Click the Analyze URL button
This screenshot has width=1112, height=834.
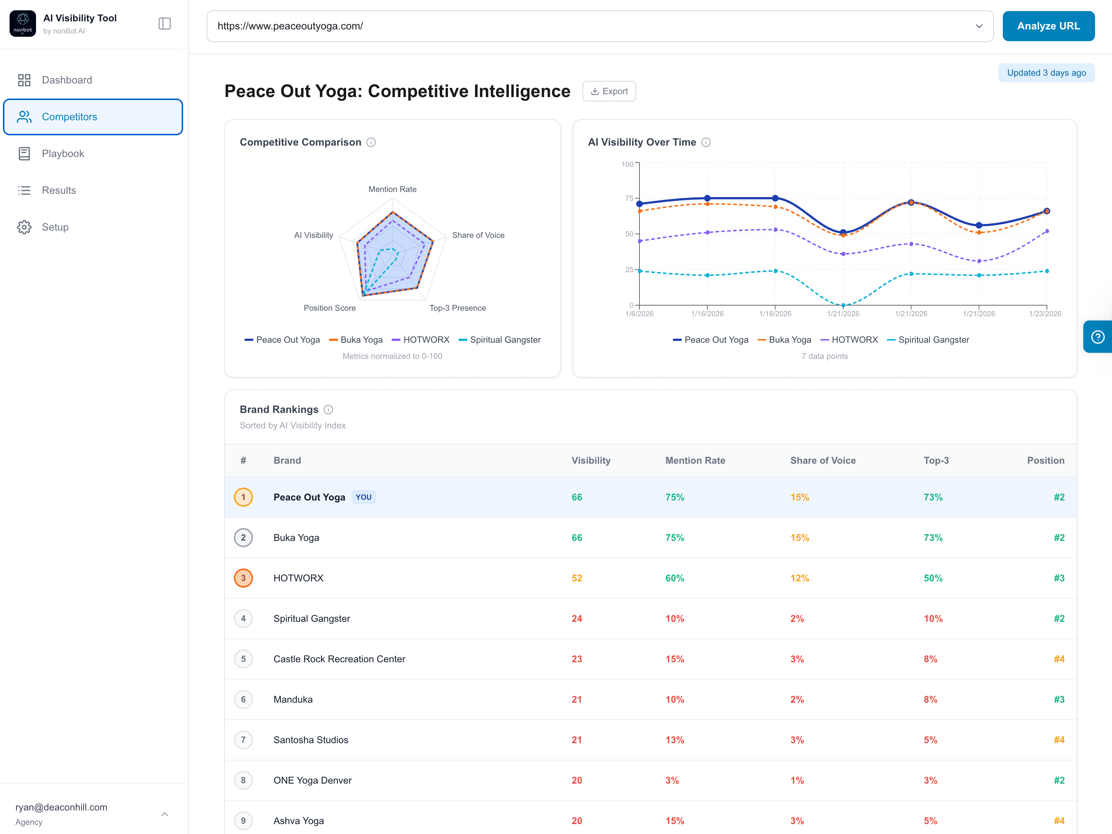1048,26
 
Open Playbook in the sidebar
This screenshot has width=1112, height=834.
63,153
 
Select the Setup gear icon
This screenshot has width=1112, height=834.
24,227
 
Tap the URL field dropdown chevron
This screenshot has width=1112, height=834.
979,26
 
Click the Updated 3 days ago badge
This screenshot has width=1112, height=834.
1046,73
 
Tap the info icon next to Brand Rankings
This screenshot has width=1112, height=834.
328,410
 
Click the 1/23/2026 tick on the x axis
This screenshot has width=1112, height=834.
1045,314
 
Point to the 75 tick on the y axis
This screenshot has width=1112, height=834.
629,198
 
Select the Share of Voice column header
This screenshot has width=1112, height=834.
823,460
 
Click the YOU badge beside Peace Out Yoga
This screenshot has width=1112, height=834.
363,497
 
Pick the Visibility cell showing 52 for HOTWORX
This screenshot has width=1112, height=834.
577,578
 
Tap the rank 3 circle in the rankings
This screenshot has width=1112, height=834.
243,578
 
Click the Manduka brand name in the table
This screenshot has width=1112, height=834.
293,699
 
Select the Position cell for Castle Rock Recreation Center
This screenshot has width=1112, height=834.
1059,659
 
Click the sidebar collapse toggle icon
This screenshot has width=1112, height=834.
164,24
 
